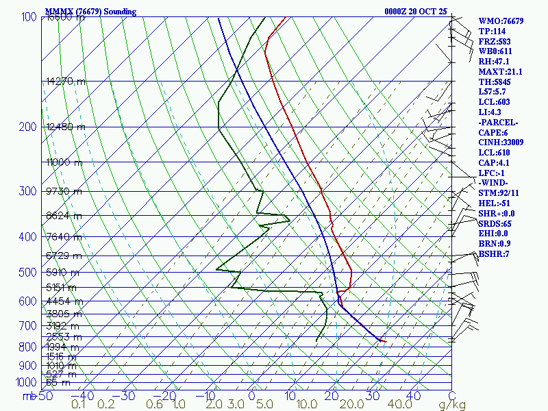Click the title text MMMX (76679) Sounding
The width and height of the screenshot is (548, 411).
pyautogui.click(x=90, y=12)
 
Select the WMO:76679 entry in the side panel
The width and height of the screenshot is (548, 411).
pyautogui.click(x=501, y=21)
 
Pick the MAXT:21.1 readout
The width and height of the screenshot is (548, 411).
pyautogui.click(x=500, y=72)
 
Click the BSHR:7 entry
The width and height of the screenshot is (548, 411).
pyautogui.click(x=495, y=254)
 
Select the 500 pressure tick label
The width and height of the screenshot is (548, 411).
pyautogui.click(x=28, y=273)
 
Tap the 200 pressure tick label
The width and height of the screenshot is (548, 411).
pyautogui.click(x=28, y=127)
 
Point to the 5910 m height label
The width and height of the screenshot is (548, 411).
pyautogui.click(x=63, y=273)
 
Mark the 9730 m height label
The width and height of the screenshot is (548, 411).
pyautogui.click(x=63, y=191)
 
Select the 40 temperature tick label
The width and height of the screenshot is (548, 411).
pyautogui.click(x=413, y=396)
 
